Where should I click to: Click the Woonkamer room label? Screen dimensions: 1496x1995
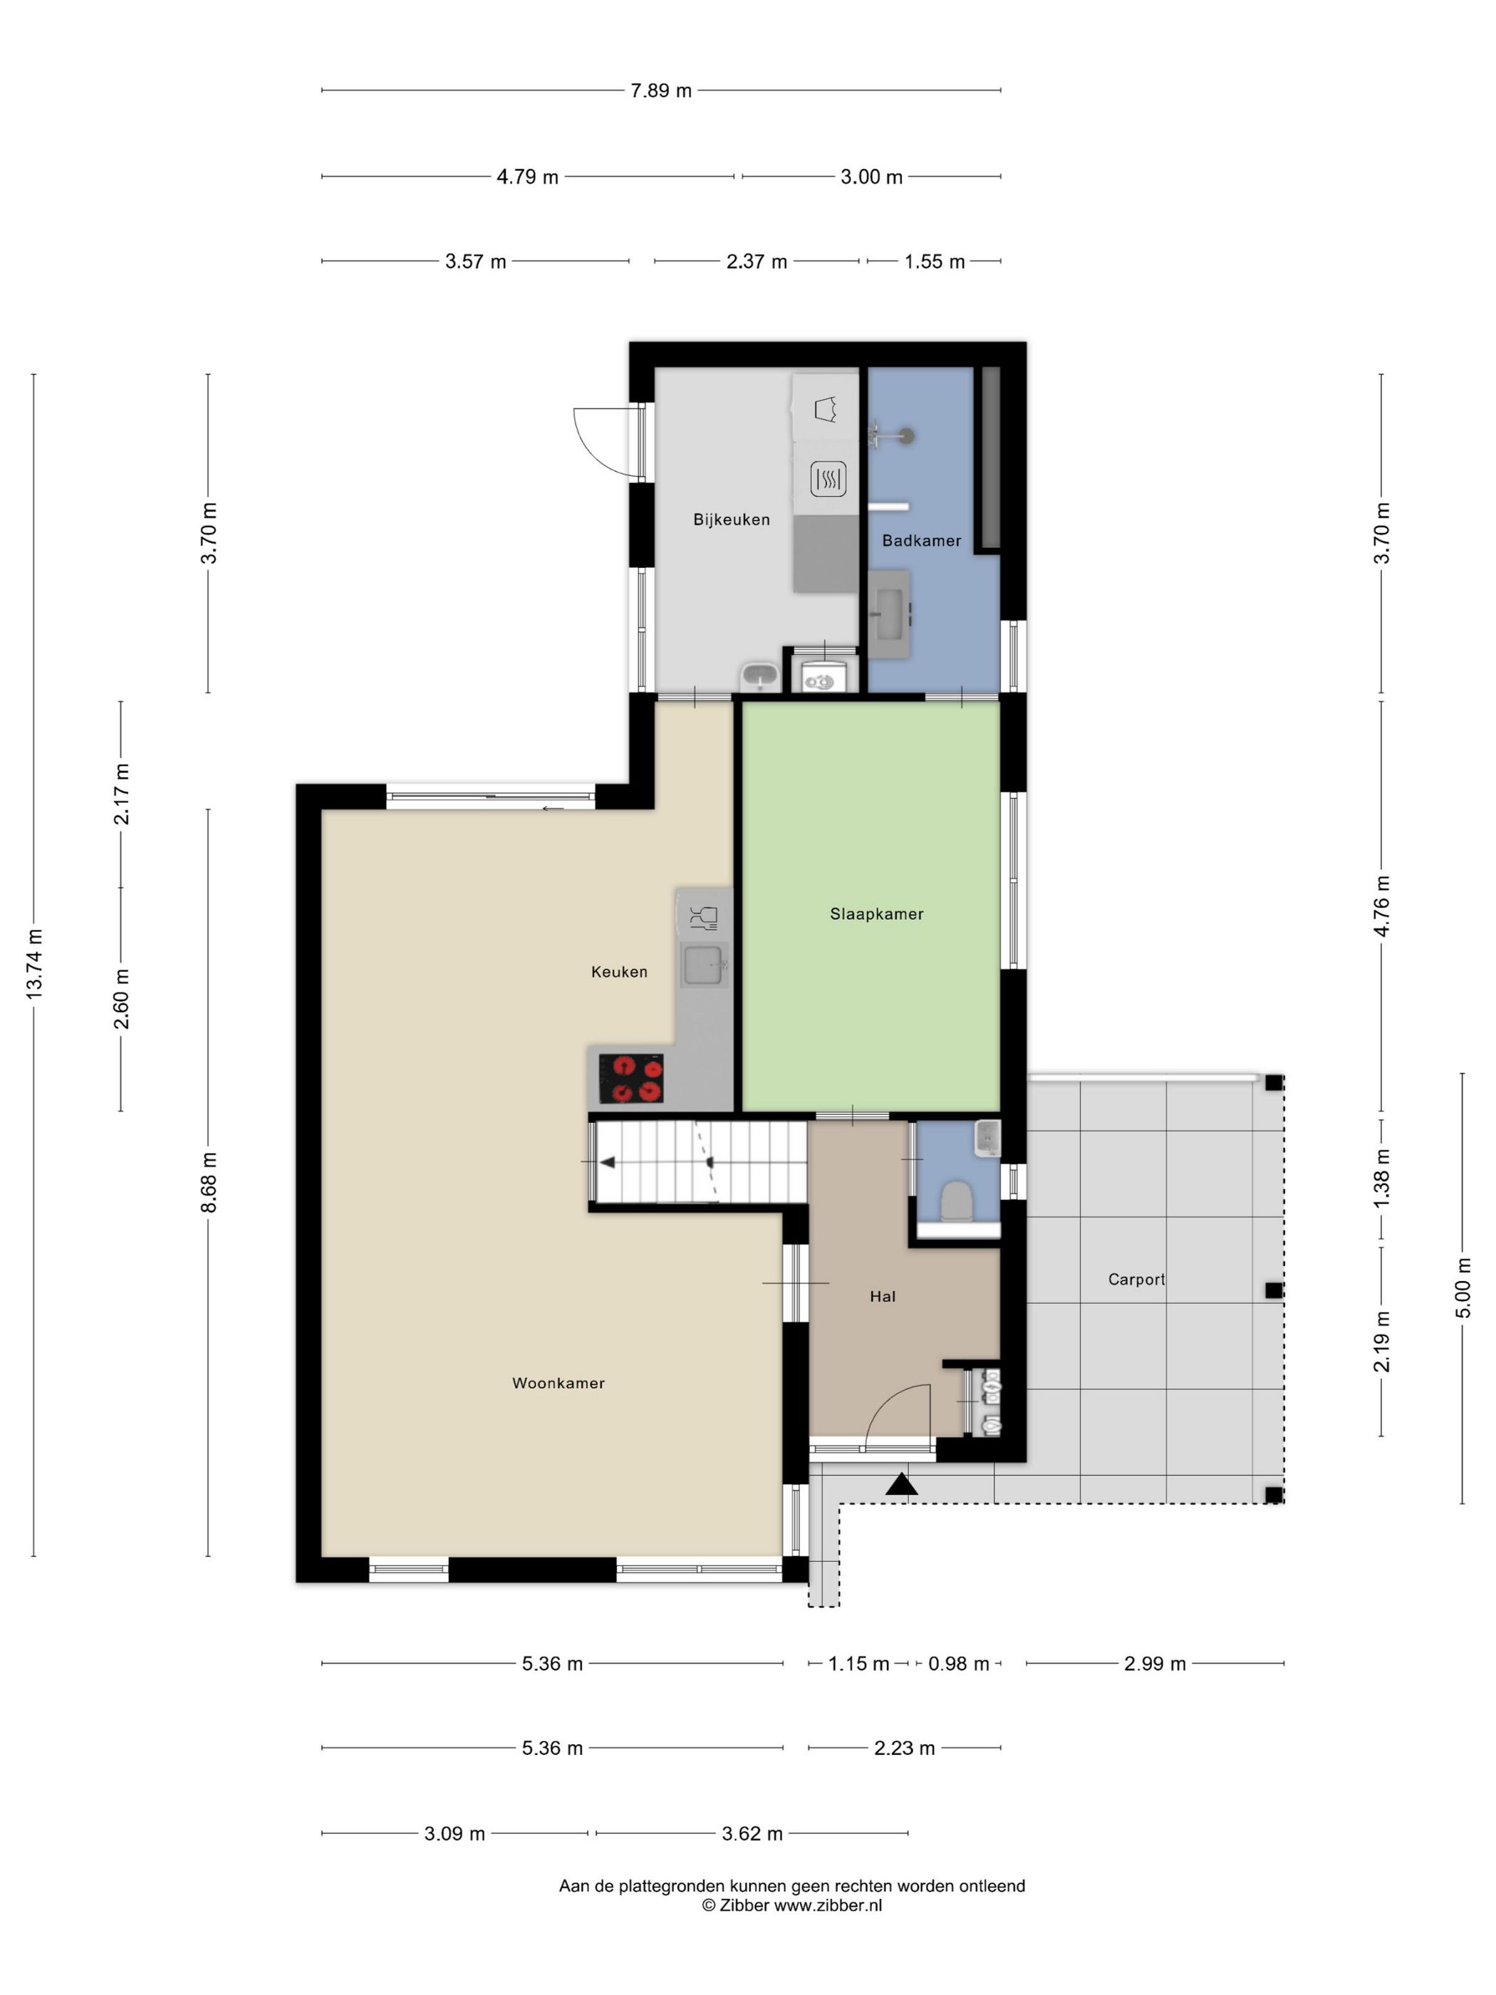point(559,1383)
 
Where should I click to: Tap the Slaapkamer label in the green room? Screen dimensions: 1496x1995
point(876,913)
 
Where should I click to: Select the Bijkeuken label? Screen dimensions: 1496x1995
point(732,519)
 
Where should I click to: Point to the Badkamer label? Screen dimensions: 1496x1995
point(922,540)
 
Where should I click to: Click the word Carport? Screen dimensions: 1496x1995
point(1136,1279)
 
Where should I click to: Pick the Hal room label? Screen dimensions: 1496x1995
point(883,1296)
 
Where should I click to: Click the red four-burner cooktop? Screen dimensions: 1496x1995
point(631,1079)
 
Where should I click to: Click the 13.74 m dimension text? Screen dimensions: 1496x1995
point(34,963)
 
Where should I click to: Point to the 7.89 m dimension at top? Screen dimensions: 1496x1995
point(661,90)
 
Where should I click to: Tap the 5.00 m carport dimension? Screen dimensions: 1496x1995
point(1463,1288)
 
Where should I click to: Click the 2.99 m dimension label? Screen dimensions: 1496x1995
point(1155,1664)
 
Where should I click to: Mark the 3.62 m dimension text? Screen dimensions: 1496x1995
point(753,1833)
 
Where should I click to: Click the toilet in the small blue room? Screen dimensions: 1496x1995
point(955,1202)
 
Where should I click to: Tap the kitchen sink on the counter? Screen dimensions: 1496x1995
point(703,965)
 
